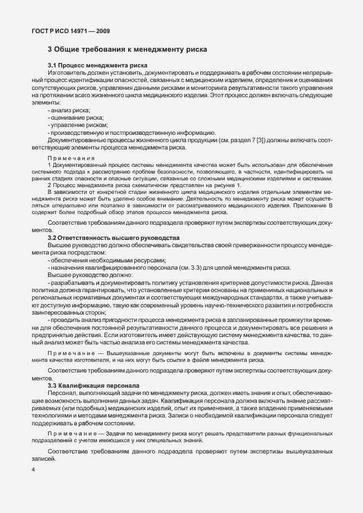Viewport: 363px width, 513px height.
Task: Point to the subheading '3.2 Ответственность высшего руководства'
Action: tap(114, 238)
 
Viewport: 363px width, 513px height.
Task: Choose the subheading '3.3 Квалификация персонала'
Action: tap(93, 386)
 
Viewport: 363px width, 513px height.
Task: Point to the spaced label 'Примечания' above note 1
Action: tap(71, 158)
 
